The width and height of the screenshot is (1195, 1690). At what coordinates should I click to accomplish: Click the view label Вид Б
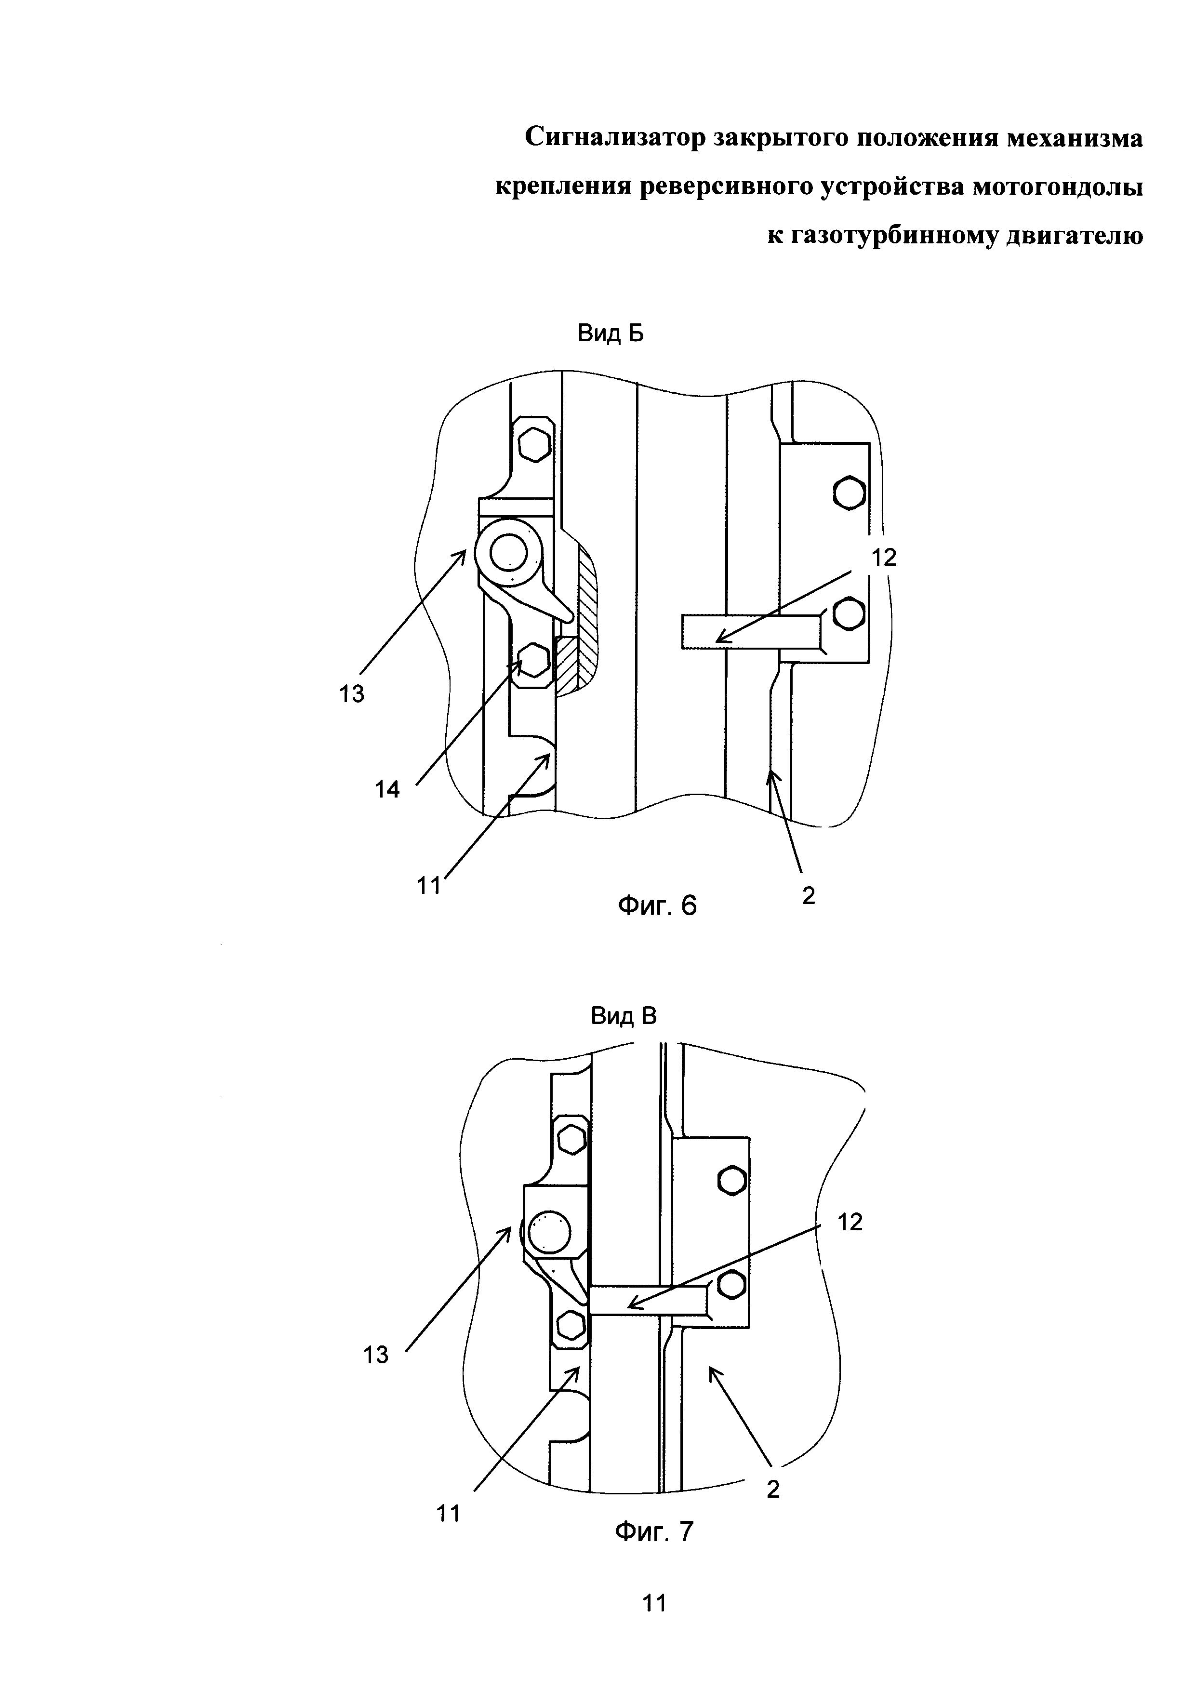coord(610,334)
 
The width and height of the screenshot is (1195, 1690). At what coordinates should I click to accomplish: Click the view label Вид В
coord(623,1016)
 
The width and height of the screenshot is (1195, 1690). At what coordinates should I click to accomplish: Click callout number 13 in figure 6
coord(352,693)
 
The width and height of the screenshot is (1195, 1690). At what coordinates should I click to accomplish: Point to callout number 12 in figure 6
coord(884,557)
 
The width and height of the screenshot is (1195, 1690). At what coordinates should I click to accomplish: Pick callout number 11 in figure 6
coord(428,886)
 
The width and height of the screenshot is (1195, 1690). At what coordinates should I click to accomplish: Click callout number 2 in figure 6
coord(809,896)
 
